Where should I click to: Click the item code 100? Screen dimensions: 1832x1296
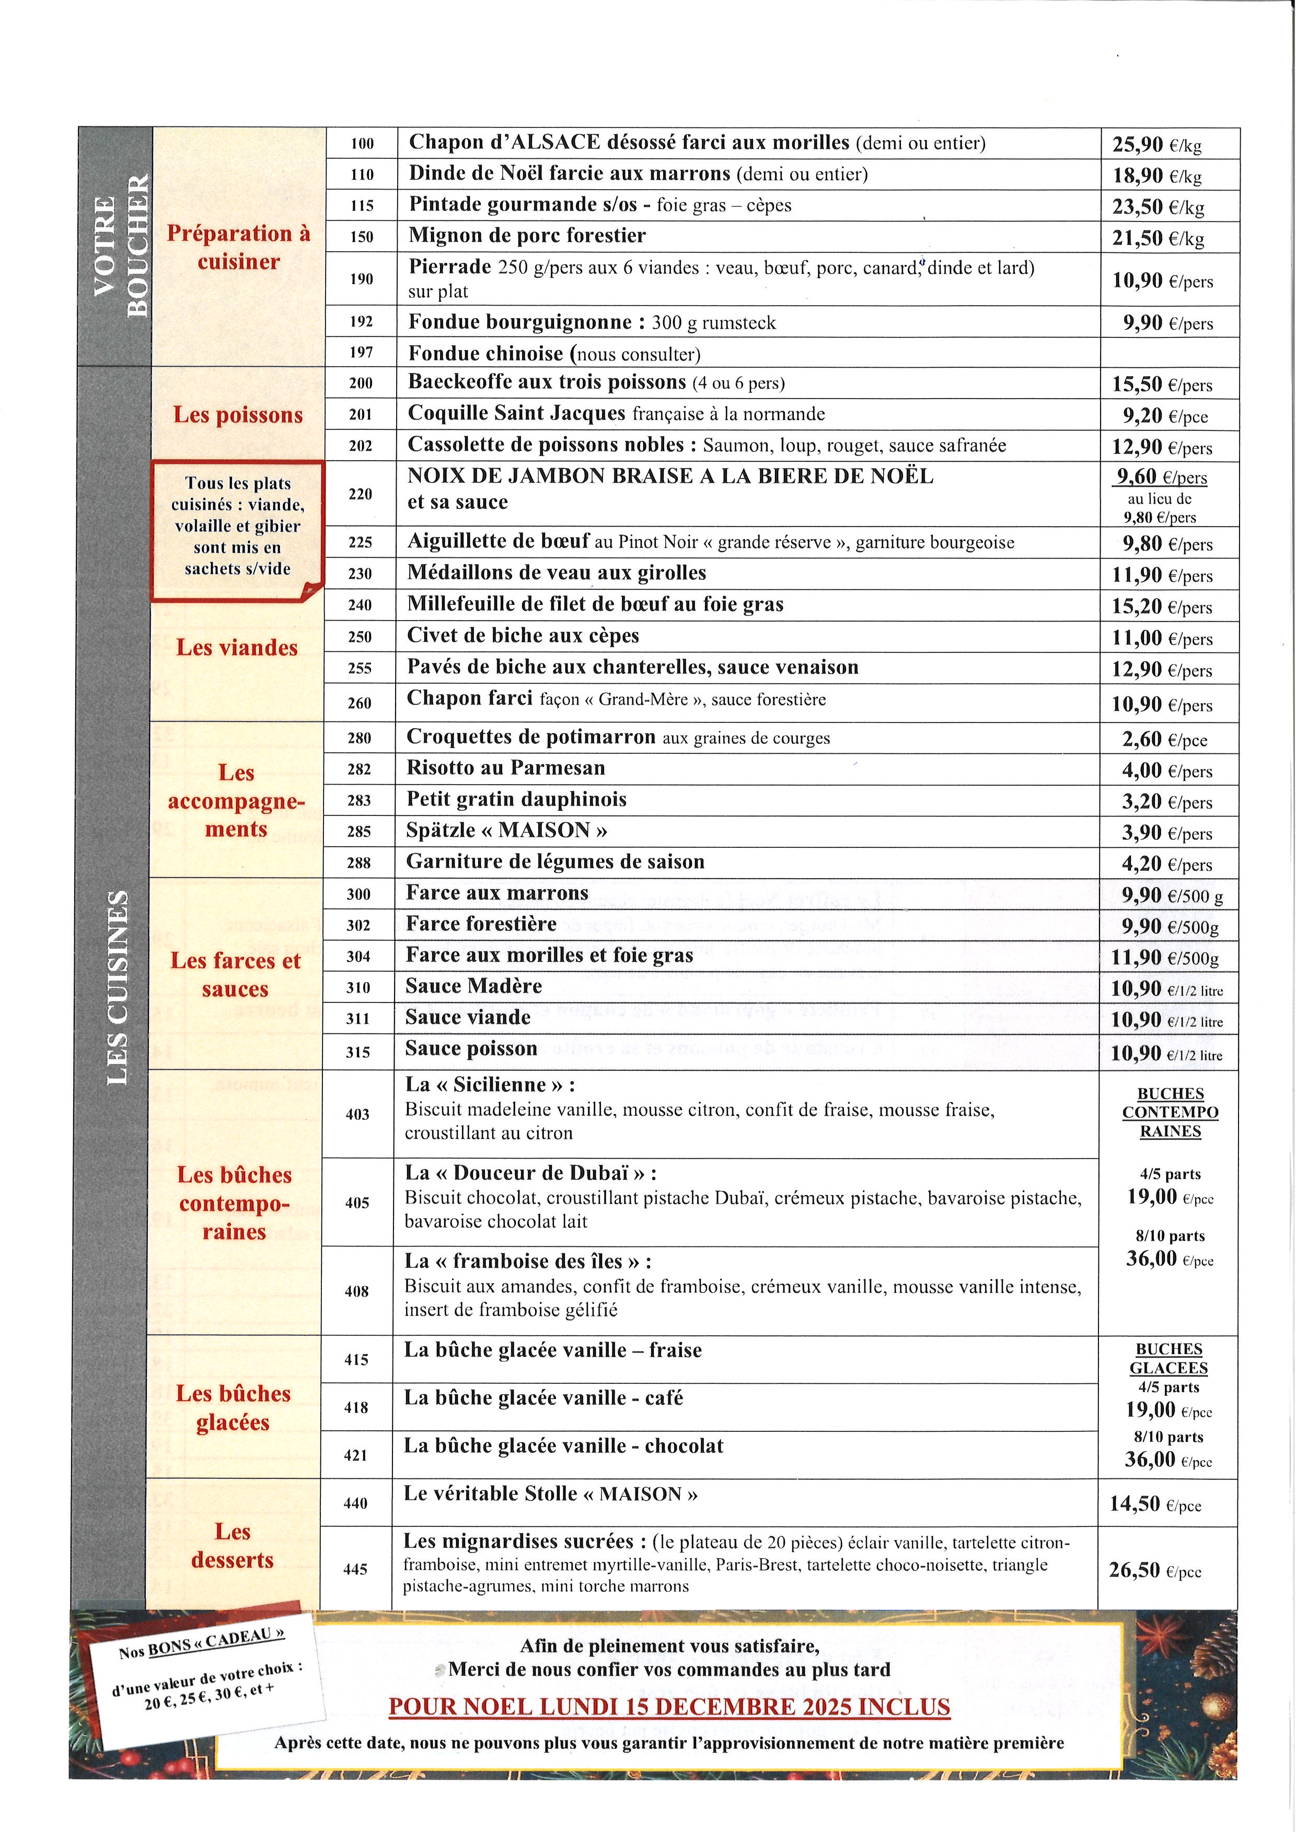pos(362,144)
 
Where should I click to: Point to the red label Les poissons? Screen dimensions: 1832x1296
pos(238,415)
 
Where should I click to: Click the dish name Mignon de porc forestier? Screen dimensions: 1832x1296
pos(527,236)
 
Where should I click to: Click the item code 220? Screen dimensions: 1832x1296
pos(361,494)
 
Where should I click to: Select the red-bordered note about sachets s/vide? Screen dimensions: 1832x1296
pos(237,527)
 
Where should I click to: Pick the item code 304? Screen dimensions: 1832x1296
pos(358,956)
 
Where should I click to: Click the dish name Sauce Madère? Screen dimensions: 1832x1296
pos(473,986)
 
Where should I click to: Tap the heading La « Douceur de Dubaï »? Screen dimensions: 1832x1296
pos(531,1172)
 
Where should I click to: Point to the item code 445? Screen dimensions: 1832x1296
pos(355,1569)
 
